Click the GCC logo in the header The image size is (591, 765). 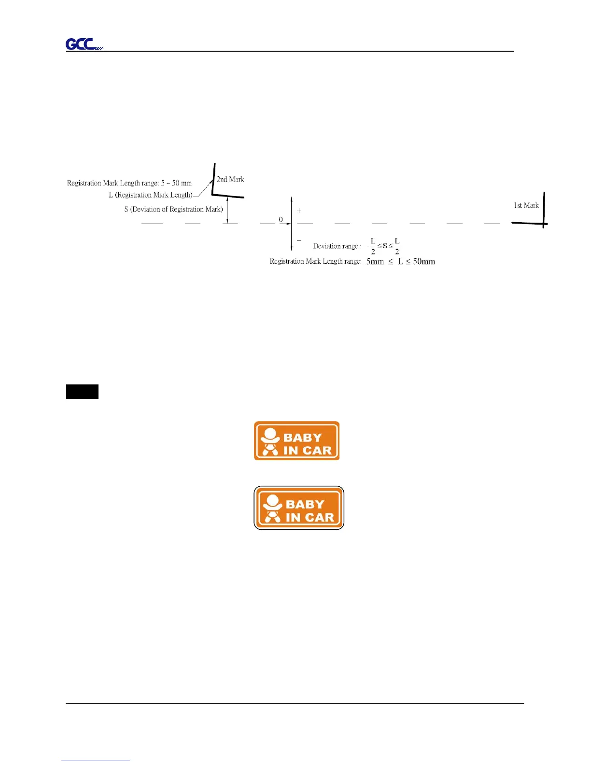[x=84, y=44]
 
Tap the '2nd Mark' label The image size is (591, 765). [x=230, y=180]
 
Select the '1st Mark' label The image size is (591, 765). [x=526, y=206]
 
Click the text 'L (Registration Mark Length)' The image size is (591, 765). [x=151, y=195]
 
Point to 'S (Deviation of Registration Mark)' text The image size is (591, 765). [x=173, y=210]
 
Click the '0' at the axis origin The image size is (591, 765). [x=281, y=220]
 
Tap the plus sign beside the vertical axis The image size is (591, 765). [x=299, y=211]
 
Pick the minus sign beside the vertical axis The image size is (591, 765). [x=299, y=240]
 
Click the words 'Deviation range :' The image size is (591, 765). [x=337, y=246]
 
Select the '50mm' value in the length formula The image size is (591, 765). [x=423, y=262]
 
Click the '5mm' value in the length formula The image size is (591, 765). [x=375, y=262]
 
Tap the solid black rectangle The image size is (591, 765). [x=82, y=392]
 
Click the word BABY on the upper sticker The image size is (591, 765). [x=302, y=438]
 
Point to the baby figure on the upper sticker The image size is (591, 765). [x=270, y=441]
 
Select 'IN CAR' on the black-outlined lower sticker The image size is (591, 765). [x=310, y=517]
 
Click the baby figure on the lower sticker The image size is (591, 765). [x=272, y=509]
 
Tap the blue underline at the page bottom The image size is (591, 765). [x=96, y=761]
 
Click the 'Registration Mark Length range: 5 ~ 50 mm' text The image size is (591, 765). [x=129, y=183]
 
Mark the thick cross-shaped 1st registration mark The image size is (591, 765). [x=544, y=223]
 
